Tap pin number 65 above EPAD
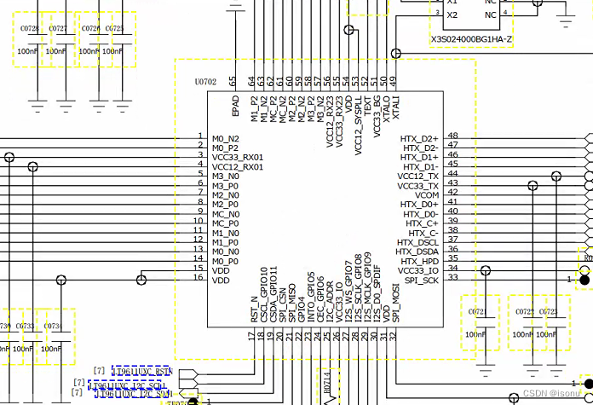pyautogui.click(x=232, y=81)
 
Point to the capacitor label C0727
pyautogui.click(x=58, y=29)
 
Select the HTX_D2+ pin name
pyautogui.click(x=420, y=137)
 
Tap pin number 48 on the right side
pyautogui.click(x=452, y=136)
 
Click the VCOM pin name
pyautogui.click(x=427, y=195)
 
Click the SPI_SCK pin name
pyautogui.click(x=421, y=280)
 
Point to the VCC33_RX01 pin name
pyautogui.click(x=238, y=157)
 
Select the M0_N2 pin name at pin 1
pyautogui.click(x=226, y=137)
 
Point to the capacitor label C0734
pyautogui.click(x=52, y=326)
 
